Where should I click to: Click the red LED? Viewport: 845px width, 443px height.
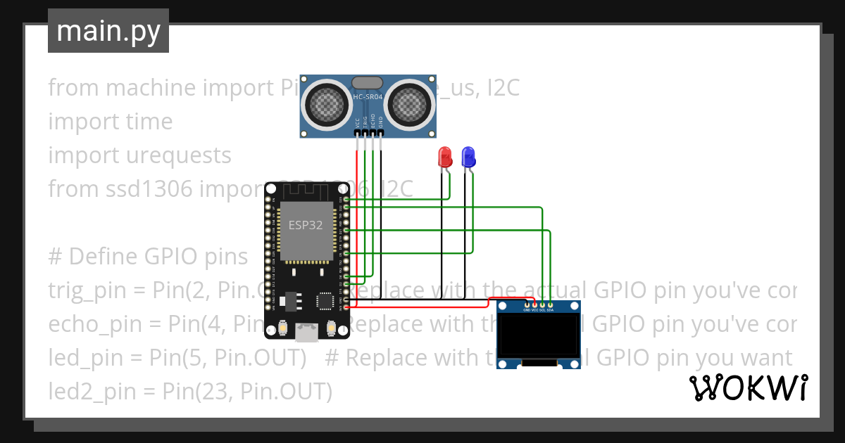(444, 157)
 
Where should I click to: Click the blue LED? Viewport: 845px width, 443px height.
(468, 157)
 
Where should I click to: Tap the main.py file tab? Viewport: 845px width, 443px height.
(108, 31)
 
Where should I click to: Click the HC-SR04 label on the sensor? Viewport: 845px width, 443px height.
(367, 96)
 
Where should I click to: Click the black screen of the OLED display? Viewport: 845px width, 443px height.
(539, 336)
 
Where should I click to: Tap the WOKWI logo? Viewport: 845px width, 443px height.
(748, 387)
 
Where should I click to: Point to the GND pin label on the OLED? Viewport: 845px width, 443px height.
(526, 309)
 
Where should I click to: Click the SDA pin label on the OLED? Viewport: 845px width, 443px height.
(551, 309)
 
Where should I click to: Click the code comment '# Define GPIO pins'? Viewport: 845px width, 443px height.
(148, 257)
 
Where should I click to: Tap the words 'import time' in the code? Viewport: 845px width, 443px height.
(110, 122)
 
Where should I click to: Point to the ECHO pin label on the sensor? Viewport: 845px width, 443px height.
(373, 122)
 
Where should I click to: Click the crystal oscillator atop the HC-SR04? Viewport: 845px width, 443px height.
(367, 83)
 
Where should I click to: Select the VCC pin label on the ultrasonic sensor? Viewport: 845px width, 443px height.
(358, 122)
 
